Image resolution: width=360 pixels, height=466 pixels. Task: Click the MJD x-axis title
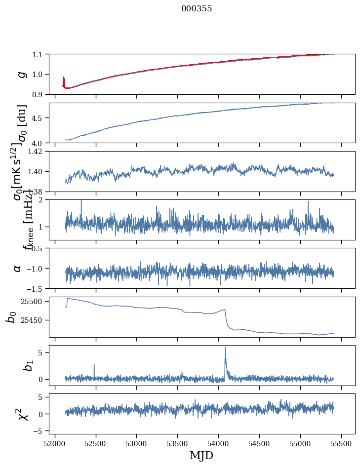[201, 456]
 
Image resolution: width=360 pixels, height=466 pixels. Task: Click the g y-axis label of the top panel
[21, 74]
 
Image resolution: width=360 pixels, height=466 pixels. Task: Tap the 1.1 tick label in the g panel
[38, 54]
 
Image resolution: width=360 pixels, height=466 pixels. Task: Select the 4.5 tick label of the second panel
[38, 118]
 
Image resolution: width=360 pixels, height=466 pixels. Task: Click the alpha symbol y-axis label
[17, 268]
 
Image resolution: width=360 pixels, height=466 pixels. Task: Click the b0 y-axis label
[11, 317]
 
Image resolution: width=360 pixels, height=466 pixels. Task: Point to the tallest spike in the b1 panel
[225, 348]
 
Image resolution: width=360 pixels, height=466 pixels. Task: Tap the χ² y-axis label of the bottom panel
[23, 414]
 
